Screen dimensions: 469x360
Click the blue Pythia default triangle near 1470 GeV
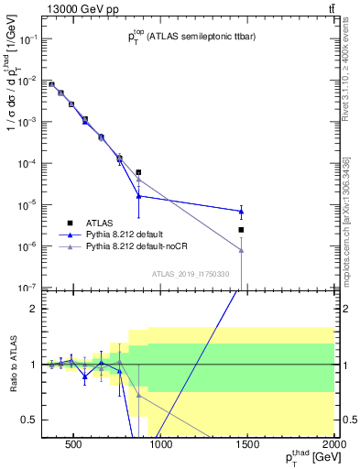(x=241, y=212)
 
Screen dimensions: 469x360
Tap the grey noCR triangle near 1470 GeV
(x=241, y=250)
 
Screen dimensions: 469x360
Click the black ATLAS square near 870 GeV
(x=138, y=172)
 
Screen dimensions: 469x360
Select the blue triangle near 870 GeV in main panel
(x=138, y=195)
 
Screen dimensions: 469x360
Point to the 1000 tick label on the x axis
(x=160, y=448)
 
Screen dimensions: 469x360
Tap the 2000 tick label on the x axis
(x=333, y=448)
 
